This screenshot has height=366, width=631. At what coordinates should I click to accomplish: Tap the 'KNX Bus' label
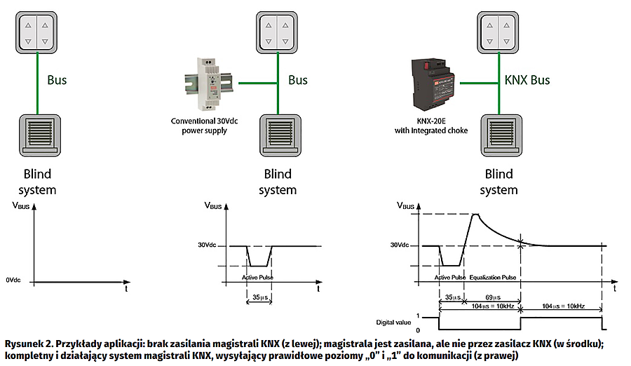[x=527, y=80]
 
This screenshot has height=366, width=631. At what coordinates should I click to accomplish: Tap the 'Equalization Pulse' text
[x=494, y=278]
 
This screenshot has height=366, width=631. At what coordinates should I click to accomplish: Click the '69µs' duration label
[x=493, y=297]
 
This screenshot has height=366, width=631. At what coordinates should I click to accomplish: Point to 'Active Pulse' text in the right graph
[x=449, y=278]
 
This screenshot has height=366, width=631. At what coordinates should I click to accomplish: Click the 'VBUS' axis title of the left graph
[x=22, y=207]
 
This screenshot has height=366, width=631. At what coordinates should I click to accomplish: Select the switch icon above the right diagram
[x=500, y=32]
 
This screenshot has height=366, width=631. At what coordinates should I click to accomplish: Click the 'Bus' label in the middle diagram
[x=298, y=80]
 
